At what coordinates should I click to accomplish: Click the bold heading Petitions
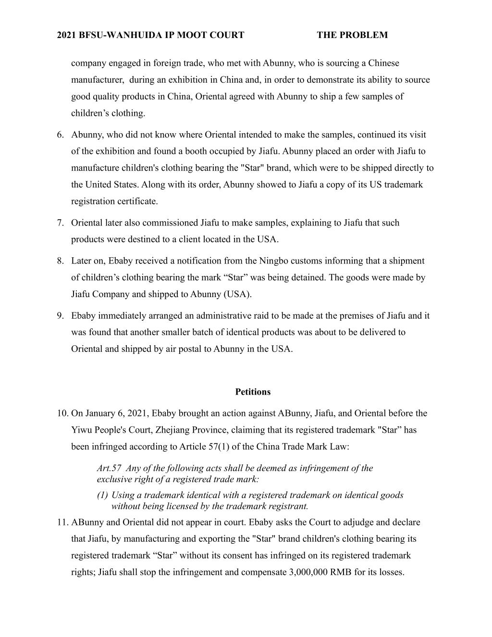pos(253,392)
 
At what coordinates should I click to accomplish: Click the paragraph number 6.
pos(60,135)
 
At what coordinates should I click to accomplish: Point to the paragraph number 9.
pos(60,316)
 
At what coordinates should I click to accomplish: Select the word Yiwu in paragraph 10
pos(81,430)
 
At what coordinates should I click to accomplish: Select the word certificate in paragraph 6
pos(135,201)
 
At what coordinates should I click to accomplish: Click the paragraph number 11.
pos(62,523)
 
